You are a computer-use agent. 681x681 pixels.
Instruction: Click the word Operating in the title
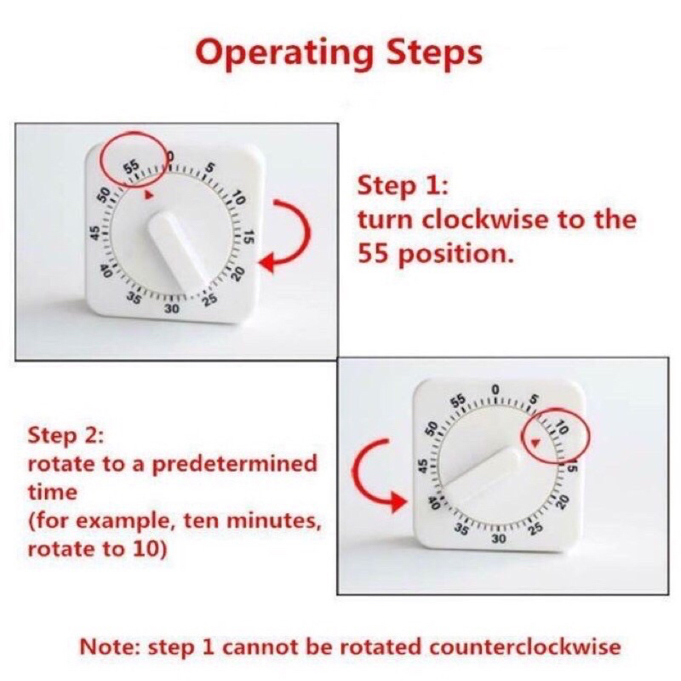point(284,53)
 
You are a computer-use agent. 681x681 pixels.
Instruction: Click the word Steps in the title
point(434,52)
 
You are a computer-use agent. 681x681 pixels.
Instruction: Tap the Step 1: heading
point(402,186)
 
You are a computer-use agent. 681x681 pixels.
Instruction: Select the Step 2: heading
point(66,436)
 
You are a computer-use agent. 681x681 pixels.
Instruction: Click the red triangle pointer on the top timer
point(149,195)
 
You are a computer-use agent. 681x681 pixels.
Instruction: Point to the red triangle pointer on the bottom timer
point(535,442)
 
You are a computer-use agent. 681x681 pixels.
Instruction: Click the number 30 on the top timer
point(171,309)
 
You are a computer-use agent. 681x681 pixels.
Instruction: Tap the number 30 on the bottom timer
point(498,539)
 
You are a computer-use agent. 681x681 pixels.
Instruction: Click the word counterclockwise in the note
point(525,647)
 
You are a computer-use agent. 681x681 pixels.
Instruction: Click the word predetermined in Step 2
point(235,464)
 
